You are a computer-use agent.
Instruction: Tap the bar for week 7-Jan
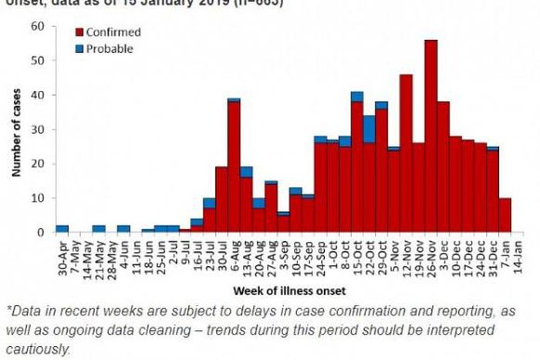(x=505, y=215)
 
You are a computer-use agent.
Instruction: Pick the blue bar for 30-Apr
(x=62, y=228)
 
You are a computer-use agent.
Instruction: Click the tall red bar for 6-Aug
(x=234, y=167)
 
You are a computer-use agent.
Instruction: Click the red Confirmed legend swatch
(x=79, y=32)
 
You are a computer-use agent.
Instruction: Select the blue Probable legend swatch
(x=79, y=49)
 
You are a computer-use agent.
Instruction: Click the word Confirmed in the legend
(x=113, y=32)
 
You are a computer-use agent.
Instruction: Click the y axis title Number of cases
(x=15, y=130)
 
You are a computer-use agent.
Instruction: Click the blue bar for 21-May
(x=99, y=228)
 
